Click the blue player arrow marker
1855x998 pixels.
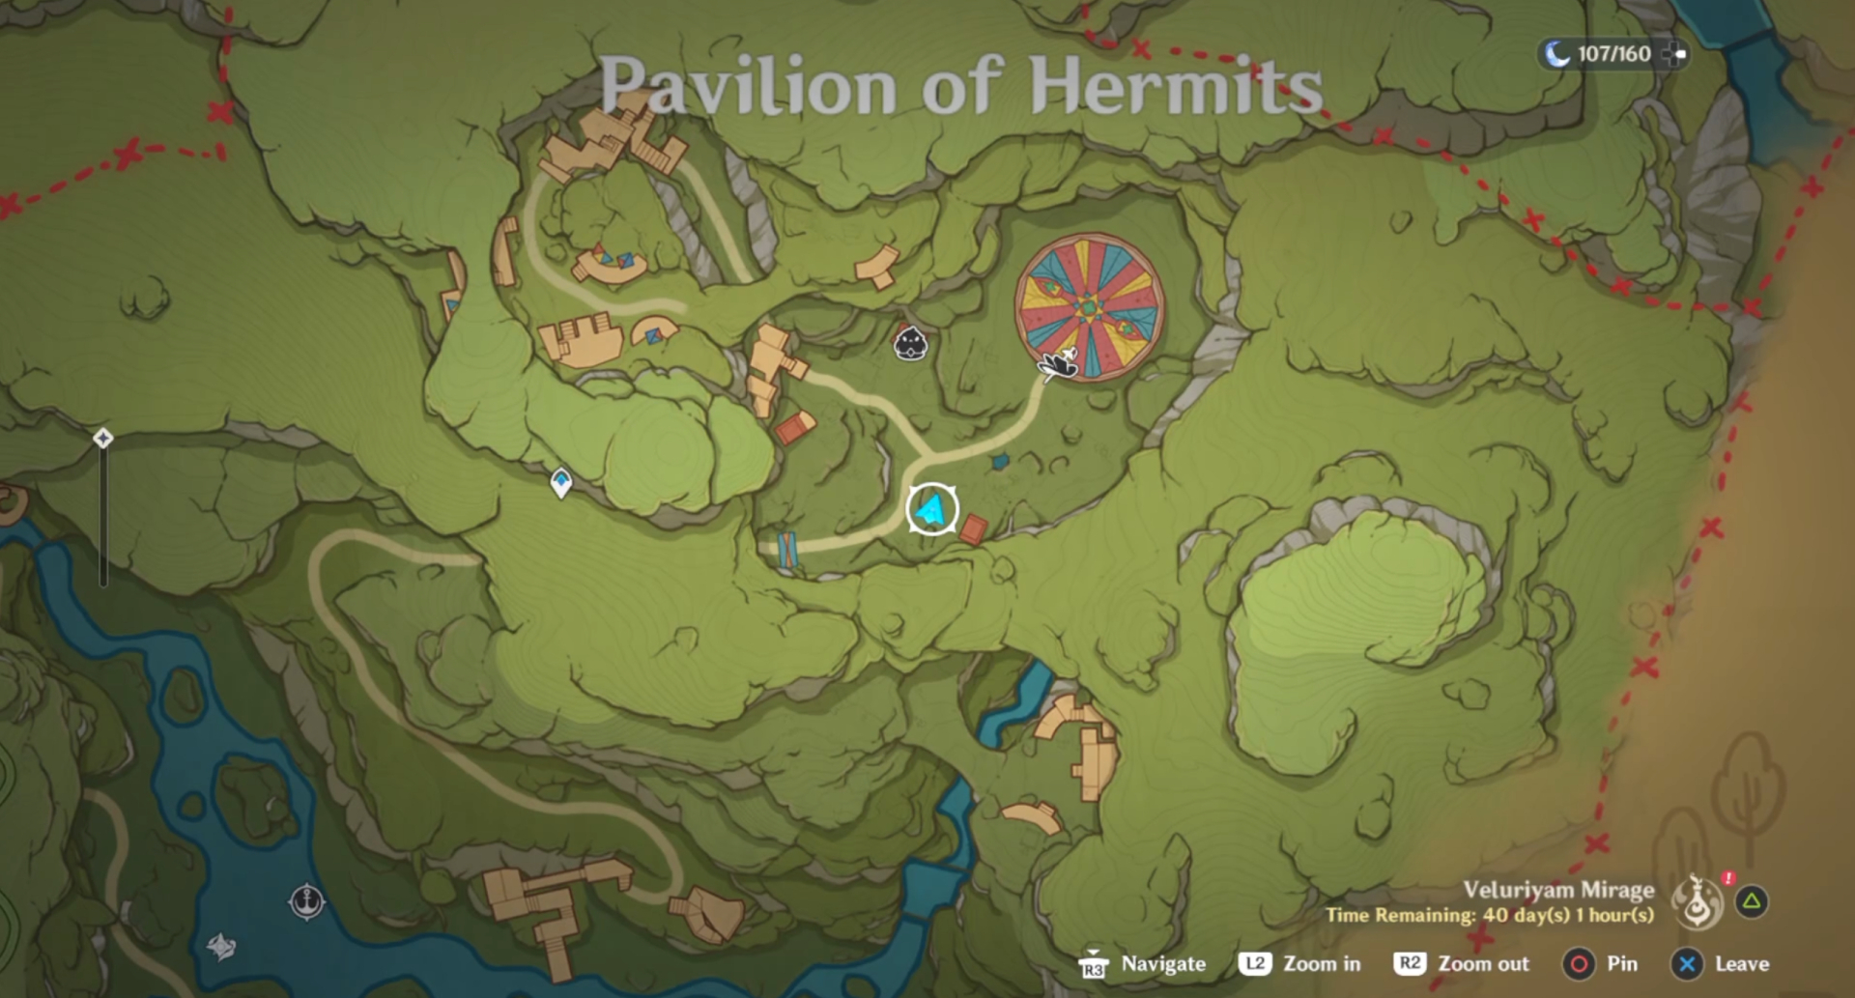coord(931,509)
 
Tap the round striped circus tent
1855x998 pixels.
coord(1089,306)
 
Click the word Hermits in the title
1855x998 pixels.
coord(1175,87)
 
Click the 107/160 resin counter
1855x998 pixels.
coord(1613,54)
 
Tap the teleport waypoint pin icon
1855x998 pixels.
coord(560,481)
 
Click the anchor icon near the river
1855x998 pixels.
coord(307,901)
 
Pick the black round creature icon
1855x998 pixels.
coord(910,343)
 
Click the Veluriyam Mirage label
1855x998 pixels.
coord(1557,890)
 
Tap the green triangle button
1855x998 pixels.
coord(1752,901)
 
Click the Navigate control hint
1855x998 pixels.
coord(1162,963)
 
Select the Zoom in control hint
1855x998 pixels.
coord(1321,963)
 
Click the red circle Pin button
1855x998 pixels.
coord(1579,963)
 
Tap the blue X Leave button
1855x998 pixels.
coord(1687,963)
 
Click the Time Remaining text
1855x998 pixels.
coord(1489,915)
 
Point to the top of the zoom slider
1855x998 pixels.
coord(103,439)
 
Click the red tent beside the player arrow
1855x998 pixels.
coord(973,529)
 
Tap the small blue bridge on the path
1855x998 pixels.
coord(787,550)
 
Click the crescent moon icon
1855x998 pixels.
coord(1556,54)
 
